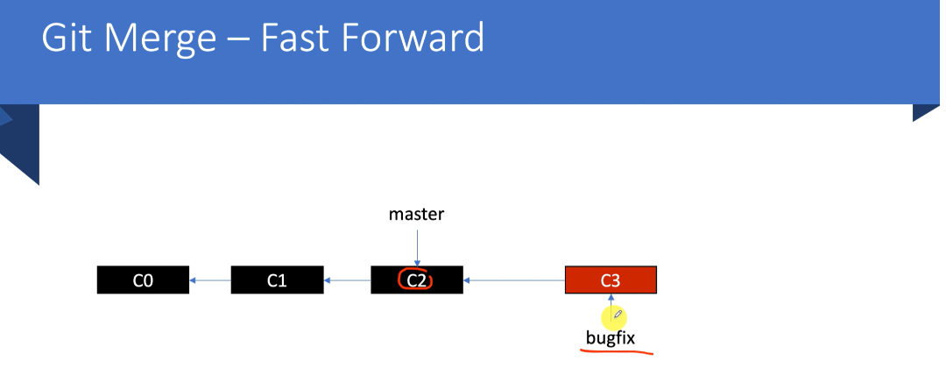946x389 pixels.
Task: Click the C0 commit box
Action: tap(143, 280)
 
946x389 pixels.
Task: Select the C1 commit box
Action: tap(277, 280)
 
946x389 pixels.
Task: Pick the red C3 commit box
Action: tap(611, 280)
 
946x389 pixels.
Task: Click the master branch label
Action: tap(417, 214)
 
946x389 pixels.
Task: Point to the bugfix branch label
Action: tap(611, 337)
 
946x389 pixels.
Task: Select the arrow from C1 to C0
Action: tap(209, 280)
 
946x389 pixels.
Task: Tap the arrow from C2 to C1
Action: tap(347, 280)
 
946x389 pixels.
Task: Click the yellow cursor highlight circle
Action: tap(613, 315)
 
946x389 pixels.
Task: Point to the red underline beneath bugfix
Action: tap(616, 352)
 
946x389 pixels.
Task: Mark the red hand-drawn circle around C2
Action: tap(416, 280)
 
